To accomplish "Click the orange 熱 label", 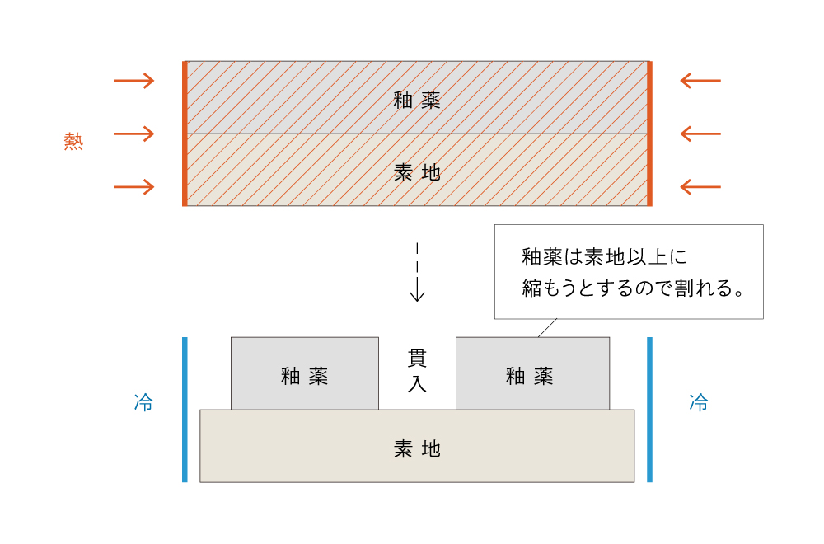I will tap(74, 141).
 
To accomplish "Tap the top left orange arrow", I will tap(133, 81).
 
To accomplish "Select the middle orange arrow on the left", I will tap(133, 134).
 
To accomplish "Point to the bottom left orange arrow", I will tap(133, 187).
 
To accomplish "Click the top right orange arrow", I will tap(700, 81).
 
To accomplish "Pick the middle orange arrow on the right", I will tap(700, 134).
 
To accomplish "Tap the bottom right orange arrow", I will tap(700, 187).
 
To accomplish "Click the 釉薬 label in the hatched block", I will tap(417, 101).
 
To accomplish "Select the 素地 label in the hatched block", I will tap(417, 172).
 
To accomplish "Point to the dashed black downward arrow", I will tap(417, 272).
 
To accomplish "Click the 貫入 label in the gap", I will tap(417, 371).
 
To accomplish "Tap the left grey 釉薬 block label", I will tap(304, 376).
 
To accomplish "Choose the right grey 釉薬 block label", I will tap(529, 376).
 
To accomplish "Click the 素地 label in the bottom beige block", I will tap(417, 448).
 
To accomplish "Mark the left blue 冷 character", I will tap(143, 403).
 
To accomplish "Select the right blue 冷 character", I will tap(699, 403).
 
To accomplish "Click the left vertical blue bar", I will tap(185, 409).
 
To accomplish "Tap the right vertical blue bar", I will tap(649, 409).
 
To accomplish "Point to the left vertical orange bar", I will tap(185, 134).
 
